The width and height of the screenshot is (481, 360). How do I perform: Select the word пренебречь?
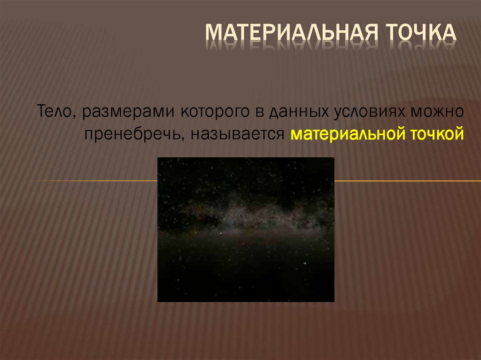tap(127, 135)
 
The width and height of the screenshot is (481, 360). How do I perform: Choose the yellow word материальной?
tap(346, 135)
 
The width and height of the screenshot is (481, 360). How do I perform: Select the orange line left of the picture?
tap(94, 181)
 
